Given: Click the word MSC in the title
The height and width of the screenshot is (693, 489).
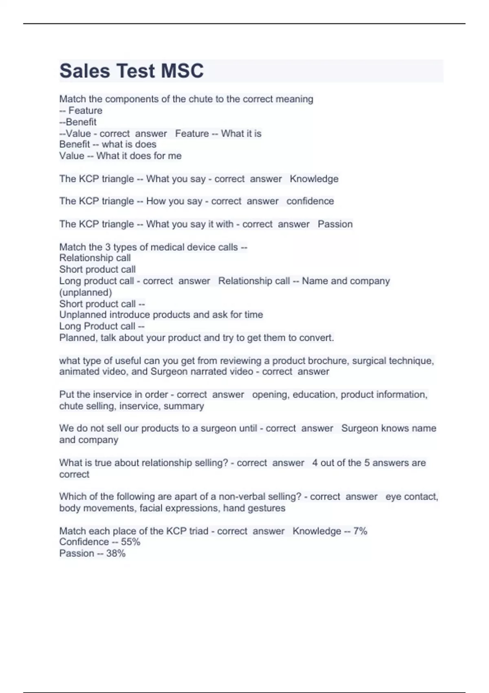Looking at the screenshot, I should [x=182, y=71].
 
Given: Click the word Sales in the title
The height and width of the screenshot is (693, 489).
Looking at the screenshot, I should [x=85, y=71].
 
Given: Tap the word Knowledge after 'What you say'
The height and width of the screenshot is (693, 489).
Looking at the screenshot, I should [x=314, y=179].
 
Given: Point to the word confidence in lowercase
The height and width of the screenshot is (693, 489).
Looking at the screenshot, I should [x=310, y=201].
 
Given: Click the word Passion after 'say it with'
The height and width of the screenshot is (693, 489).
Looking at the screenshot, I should [x=335, y=224].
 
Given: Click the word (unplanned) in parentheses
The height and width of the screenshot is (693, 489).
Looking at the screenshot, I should [x=86, y=292].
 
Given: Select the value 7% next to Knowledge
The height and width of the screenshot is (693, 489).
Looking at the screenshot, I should [x=360, y=531].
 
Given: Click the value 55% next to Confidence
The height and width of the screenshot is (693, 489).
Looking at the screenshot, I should [x=130, y=542].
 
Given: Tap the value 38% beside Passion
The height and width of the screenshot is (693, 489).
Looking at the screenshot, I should [x=116, y=554].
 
